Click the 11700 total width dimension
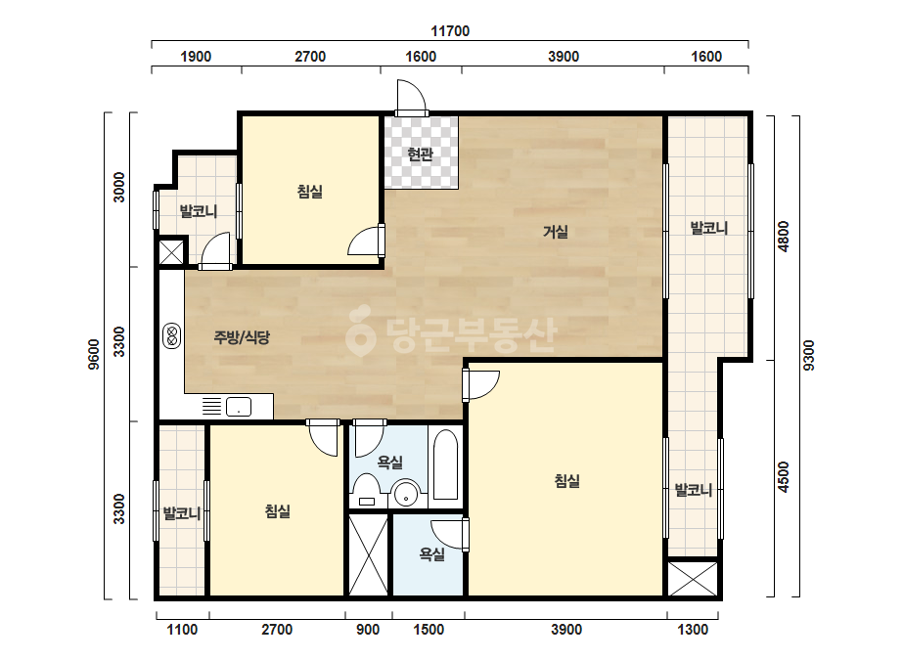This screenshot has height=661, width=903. (x=450, y=31)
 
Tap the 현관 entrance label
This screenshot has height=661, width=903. (x=420, y=154)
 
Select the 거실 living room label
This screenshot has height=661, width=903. (x=555, y=232)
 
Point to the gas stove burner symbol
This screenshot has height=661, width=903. (x=171, y=336)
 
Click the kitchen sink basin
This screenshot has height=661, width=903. (x=239, y=407)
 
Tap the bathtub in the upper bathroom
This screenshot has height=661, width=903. (x=445, y=464)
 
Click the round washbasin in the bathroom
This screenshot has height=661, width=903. (x=407, y=494)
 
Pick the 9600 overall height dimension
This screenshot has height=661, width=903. (x=93, y=355)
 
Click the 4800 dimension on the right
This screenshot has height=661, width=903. (x=784, y=237)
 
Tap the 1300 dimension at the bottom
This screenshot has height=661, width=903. (x=693, y=630)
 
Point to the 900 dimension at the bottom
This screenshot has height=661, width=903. (x=368, y=630)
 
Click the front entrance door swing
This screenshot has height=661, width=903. (x=411, y=98)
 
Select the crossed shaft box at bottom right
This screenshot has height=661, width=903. (x=693, y=579)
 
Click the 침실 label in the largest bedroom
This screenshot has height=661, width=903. (x=566, y=481)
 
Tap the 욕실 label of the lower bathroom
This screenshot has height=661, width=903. (x=431, y=553)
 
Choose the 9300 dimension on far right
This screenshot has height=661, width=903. (x=808, y=355)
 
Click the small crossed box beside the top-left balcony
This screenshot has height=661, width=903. (x=171, y=252)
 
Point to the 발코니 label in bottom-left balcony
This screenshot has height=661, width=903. (x=181, y=512)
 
